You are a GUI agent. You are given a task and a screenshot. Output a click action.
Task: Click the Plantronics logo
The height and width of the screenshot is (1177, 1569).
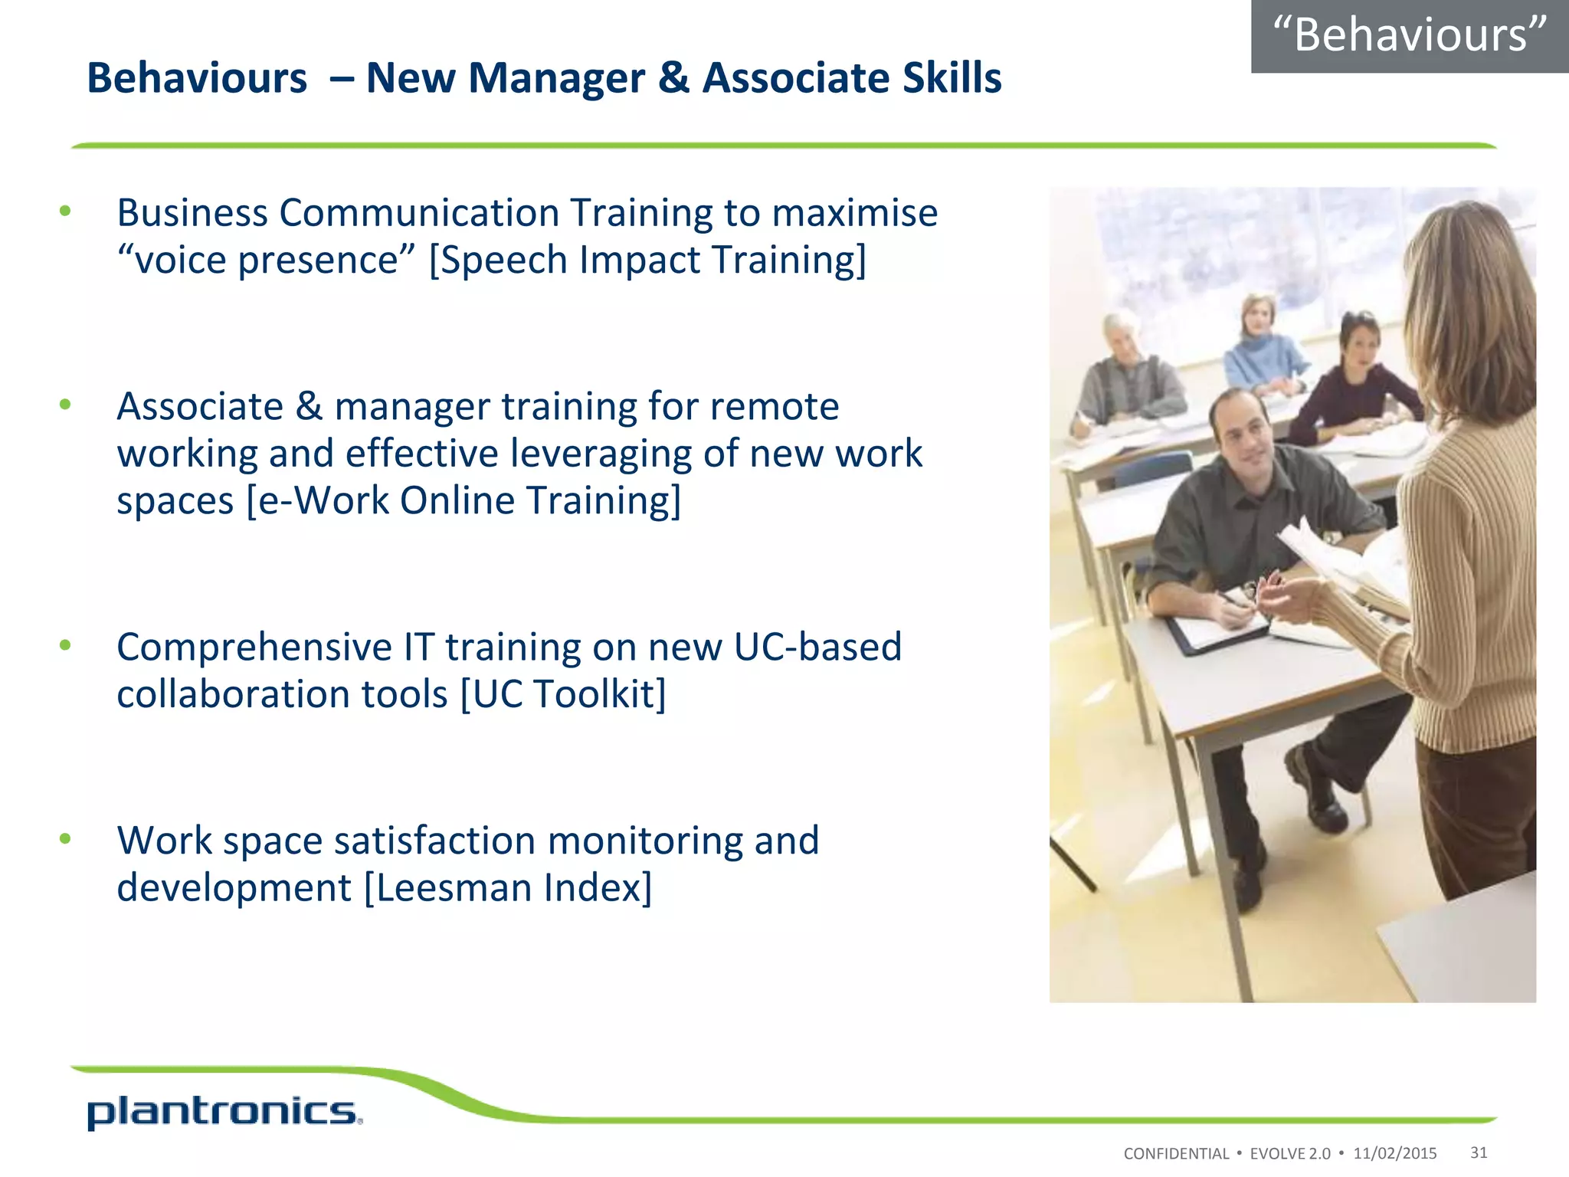click(x=224, y=1112)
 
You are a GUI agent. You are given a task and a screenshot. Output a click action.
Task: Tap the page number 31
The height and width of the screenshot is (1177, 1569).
click(x=1479, y=1152)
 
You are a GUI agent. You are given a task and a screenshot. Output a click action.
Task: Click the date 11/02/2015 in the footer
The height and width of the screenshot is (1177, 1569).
click(x=1394, y=1153)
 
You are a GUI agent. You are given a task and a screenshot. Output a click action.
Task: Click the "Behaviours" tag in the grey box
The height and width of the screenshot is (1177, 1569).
click(x=1410, y=35)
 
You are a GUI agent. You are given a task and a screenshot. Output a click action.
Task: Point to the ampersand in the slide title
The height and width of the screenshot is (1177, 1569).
click(x=673, y=78)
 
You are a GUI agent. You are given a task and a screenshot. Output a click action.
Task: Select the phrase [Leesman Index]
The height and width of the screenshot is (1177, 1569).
click(x=508, y=887)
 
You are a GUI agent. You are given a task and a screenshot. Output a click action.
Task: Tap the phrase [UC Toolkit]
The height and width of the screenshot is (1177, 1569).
click(x=563, y=694)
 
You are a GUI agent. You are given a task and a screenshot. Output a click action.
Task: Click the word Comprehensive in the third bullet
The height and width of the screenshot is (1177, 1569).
click(x=254, y=647)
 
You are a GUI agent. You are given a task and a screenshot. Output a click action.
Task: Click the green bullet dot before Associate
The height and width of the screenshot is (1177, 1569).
click(x=65, y=405)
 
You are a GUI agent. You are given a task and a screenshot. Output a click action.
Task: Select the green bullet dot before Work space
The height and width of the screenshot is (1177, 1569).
click(x=65, y=838)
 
